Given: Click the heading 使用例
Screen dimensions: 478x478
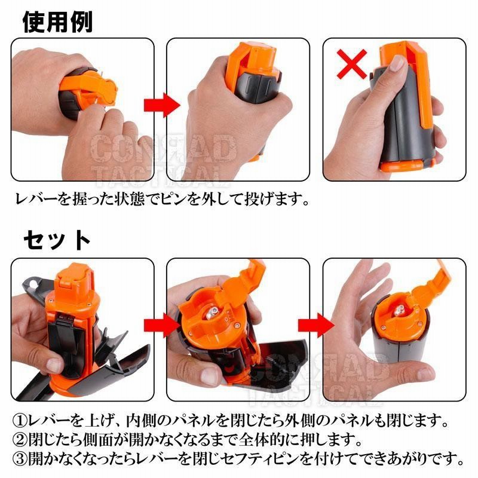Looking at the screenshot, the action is (57, 22).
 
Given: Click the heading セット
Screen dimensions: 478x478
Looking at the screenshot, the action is (57, 240).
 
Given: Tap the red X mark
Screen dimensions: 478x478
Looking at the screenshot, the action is (351, 65).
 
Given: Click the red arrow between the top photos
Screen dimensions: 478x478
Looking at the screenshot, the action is (162, 105).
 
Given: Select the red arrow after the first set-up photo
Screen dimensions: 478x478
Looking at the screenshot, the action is (162, 325).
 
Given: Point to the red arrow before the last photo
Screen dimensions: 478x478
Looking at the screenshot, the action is (317, 325).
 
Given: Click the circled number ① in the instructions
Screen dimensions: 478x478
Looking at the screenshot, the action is (20, 421).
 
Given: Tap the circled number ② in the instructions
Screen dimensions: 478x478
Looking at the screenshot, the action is (20, 440).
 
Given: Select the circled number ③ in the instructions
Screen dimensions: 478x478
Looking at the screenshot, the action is (20, 459).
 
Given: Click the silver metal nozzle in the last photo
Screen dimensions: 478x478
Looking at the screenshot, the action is (399, 311).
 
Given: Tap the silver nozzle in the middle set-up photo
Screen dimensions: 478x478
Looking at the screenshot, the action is (213, 313).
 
